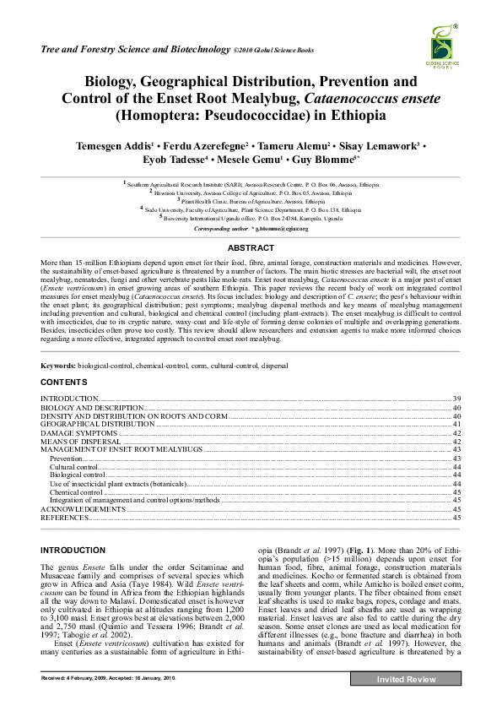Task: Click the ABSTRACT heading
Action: [251, 247]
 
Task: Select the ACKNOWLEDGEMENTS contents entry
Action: [84, 509]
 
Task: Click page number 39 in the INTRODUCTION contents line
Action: [456, 397]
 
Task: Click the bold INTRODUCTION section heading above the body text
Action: [73, 551]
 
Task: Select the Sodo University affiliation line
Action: [251, 209]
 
